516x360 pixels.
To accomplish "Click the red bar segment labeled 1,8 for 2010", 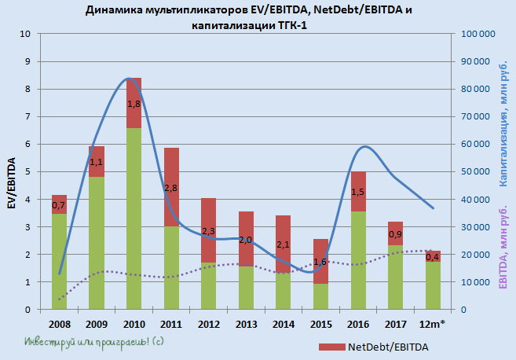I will [134, 103].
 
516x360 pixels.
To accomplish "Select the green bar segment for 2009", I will [96, 243].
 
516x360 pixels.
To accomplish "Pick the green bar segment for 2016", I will [358, 260].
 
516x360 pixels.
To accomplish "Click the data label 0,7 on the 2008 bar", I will [58, 206].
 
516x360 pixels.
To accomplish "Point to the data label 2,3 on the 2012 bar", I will [208, 231].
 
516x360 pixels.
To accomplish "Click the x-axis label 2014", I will [284, 324].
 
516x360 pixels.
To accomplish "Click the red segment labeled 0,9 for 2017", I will [396, 233].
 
